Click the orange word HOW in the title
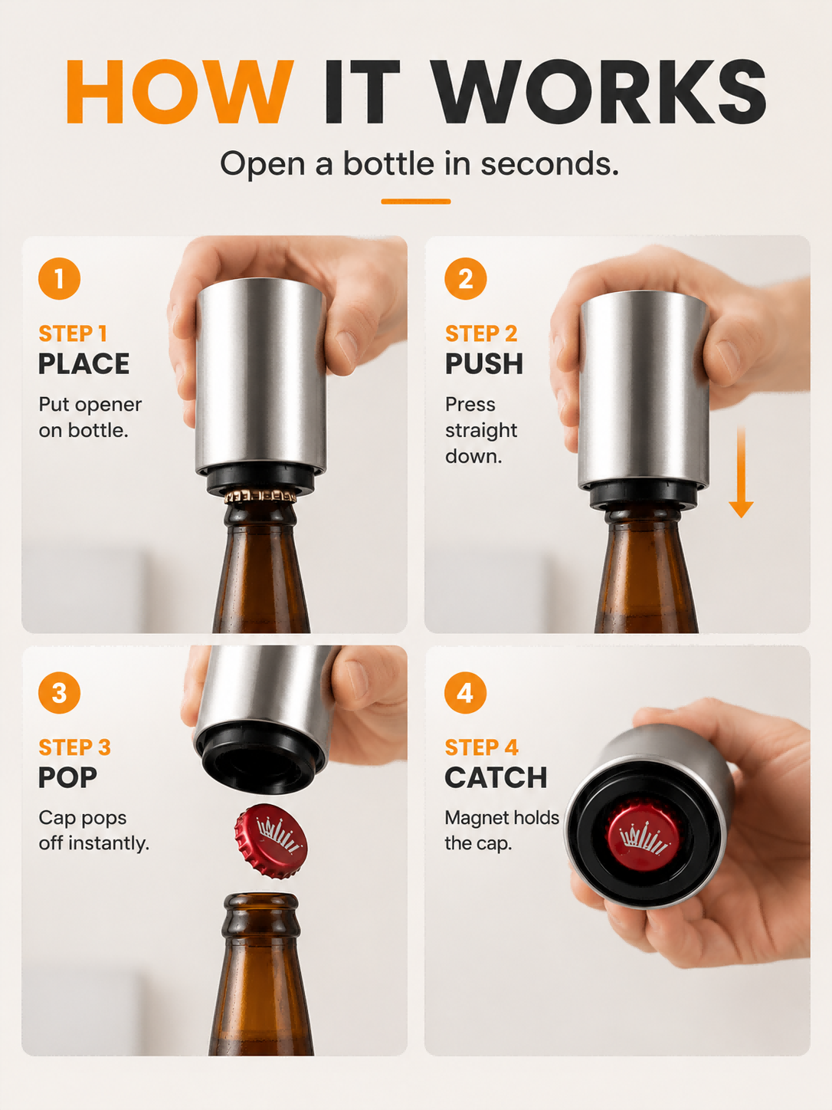click(179, 91)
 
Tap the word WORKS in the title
click(600, 91)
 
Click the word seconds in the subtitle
click(549, 164)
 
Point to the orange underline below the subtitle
click(416, 202)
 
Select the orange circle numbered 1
click(60, 278)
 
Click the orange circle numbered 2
click(466, 278)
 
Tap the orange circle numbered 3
click(60, 693)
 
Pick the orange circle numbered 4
click(466, 693)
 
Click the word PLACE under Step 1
click(84, 363)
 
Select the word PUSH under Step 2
click(484, 363)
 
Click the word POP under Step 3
click(67, 777)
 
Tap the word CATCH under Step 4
click(496, 777)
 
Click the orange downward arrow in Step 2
click(741, 471)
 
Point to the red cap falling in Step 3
click(270, 841)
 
